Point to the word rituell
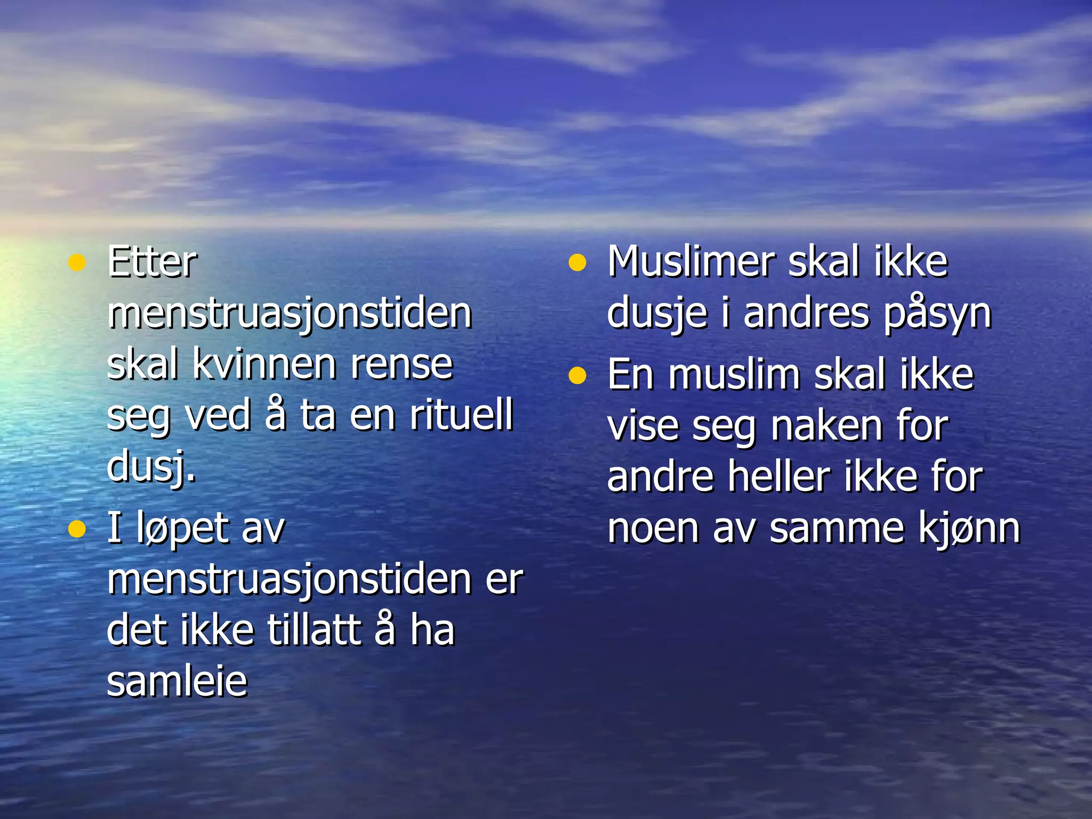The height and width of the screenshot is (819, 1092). tap(461, 415)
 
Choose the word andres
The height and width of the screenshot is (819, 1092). tap(806, 314)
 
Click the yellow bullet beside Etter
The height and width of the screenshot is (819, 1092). tap(77, 263)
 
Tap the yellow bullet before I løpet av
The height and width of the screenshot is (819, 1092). tap(77, 529)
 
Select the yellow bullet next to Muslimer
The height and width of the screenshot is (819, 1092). tap(577, 263)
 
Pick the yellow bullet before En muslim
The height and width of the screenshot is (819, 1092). tap(577, 376)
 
